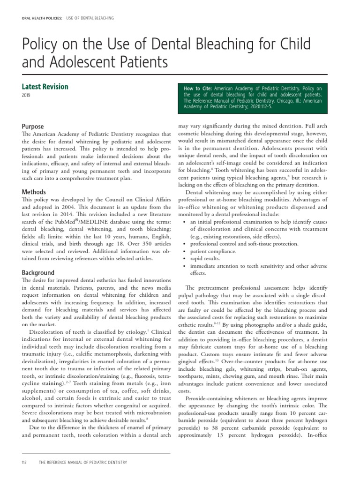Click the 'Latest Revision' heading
click(x=45, y=87)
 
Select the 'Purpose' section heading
click(x=33, y=127)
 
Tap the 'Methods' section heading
click(x=34, y=192)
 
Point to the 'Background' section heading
click(x=38, y=272)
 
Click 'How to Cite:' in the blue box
click(x=198, y=88)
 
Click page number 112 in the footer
click(x=24, y=463)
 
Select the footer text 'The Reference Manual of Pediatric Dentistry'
click(x=83, y=463)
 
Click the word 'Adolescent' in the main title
click(x=82, y=61)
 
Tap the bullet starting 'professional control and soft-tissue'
click(x=244, y=244)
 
